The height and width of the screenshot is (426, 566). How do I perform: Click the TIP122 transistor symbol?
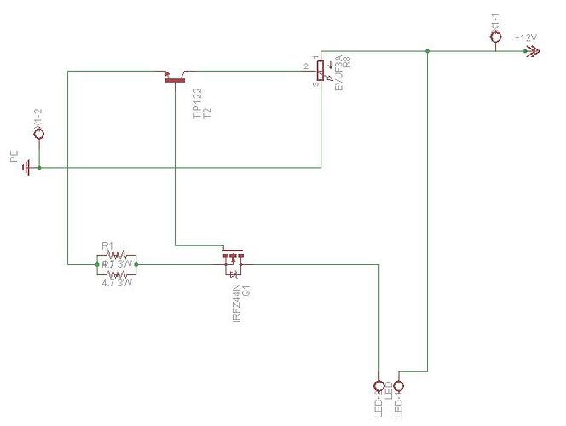click(175, 79)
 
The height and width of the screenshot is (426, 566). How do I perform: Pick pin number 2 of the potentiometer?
click(305, 66)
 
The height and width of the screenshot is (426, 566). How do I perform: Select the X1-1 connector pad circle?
click(496, 37)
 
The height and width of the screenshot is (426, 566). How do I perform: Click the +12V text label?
click(526, 38)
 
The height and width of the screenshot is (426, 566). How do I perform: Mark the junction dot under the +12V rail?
click(426, 52)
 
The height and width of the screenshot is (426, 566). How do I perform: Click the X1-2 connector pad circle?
click(38, 135)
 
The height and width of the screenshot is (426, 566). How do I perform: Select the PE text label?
click(13, 158)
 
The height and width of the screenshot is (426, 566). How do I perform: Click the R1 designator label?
click(107, 246)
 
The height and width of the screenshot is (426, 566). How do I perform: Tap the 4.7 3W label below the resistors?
click(116, 283)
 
